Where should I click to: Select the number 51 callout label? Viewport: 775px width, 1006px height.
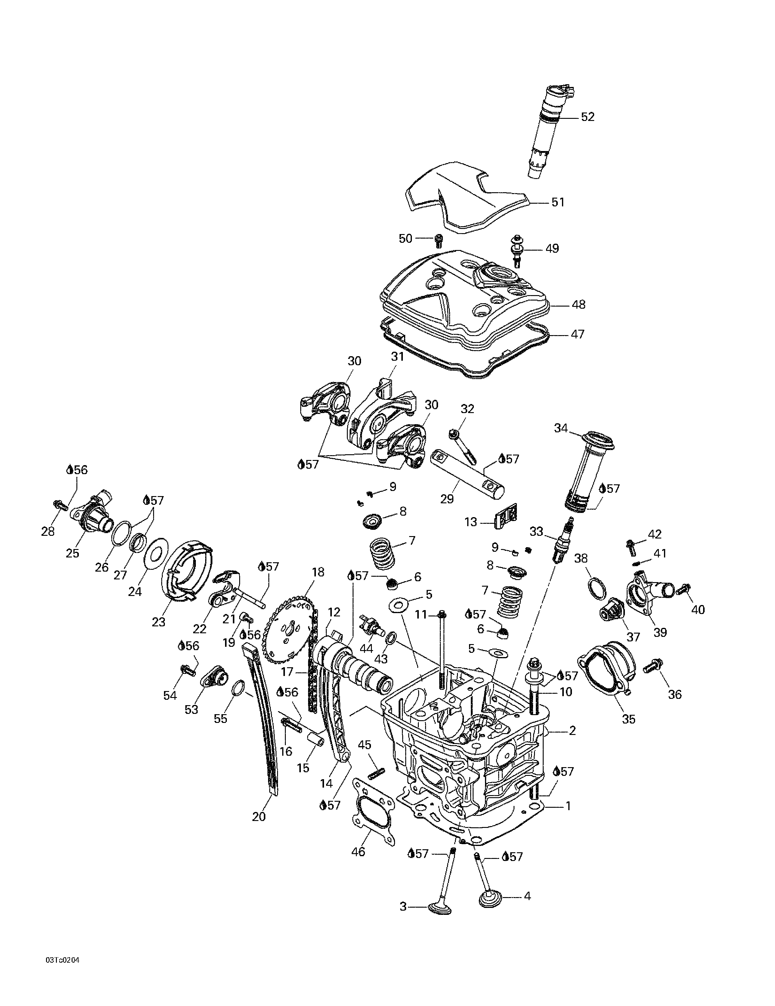[x=558, y=202]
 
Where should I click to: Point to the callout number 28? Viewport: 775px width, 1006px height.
[x=48, y=532]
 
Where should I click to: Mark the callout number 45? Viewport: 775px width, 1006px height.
[x=364, y=745]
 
